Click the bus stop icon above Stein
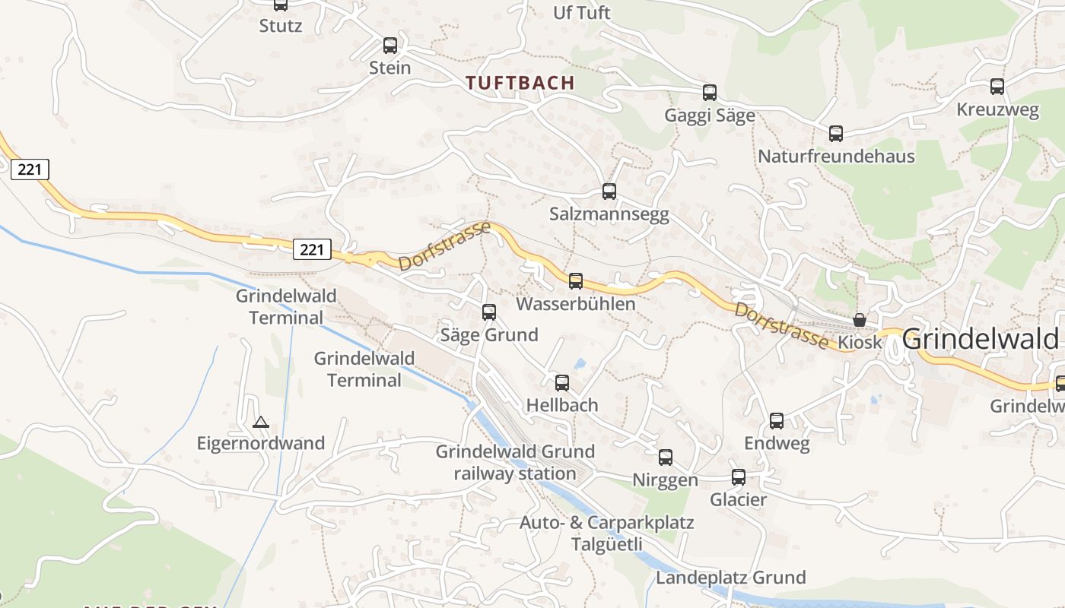click(x=390, y=46)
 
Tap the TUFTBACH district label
click(x=520, y=83)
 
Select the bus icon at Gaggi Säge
click(x=710, y=93)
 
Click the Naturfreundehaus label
click(x=836, y=157)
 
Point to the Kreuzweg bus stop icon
click(x=997, y=87)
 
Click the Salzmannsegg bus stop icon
click(x=609, y=192)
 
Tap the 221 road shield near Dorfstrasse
click(x=312, y=249)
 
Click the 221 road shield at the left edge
click(x=30, y=169)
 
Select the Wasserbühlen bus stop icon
click(x=576, y=281)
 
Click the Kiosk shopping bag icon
click(x=860, y=320)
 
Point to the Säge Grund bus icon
click(x=489, y=312)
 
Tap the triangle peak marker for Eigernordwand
click(x=261, y=422)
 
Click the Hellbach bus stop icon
click(x=562, y=383)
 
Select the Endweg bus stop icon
click(x=777, y=421)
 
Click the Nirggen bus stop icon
click(x=666, y=458)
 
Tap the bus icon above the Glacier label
click(x=739, y=477)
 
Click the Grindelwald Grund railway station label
click(x=515, y=463)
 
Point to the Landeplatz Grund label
click(x=730, y=578)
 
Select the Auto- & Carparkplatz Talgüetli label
click(x=606, y=534)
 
